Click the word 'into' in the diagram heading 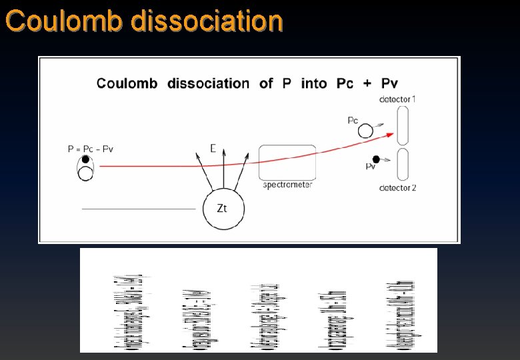314,83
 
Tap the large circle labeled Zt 223,209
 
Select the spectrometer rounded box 286,162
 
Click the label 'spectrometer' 287,185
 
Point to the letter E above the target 213,148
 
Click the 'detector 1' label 397,99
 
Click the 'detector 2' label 397,188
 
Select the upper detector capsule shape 403,125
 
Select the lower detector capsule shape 403,164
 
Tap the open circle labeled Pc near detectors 365,131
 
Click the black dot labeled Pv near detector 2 376,159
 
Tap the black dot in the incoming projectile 86,159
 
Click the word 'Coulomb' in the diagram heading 127,83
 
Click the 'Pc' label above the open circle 353,120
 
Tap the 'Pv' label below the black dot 371,167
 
